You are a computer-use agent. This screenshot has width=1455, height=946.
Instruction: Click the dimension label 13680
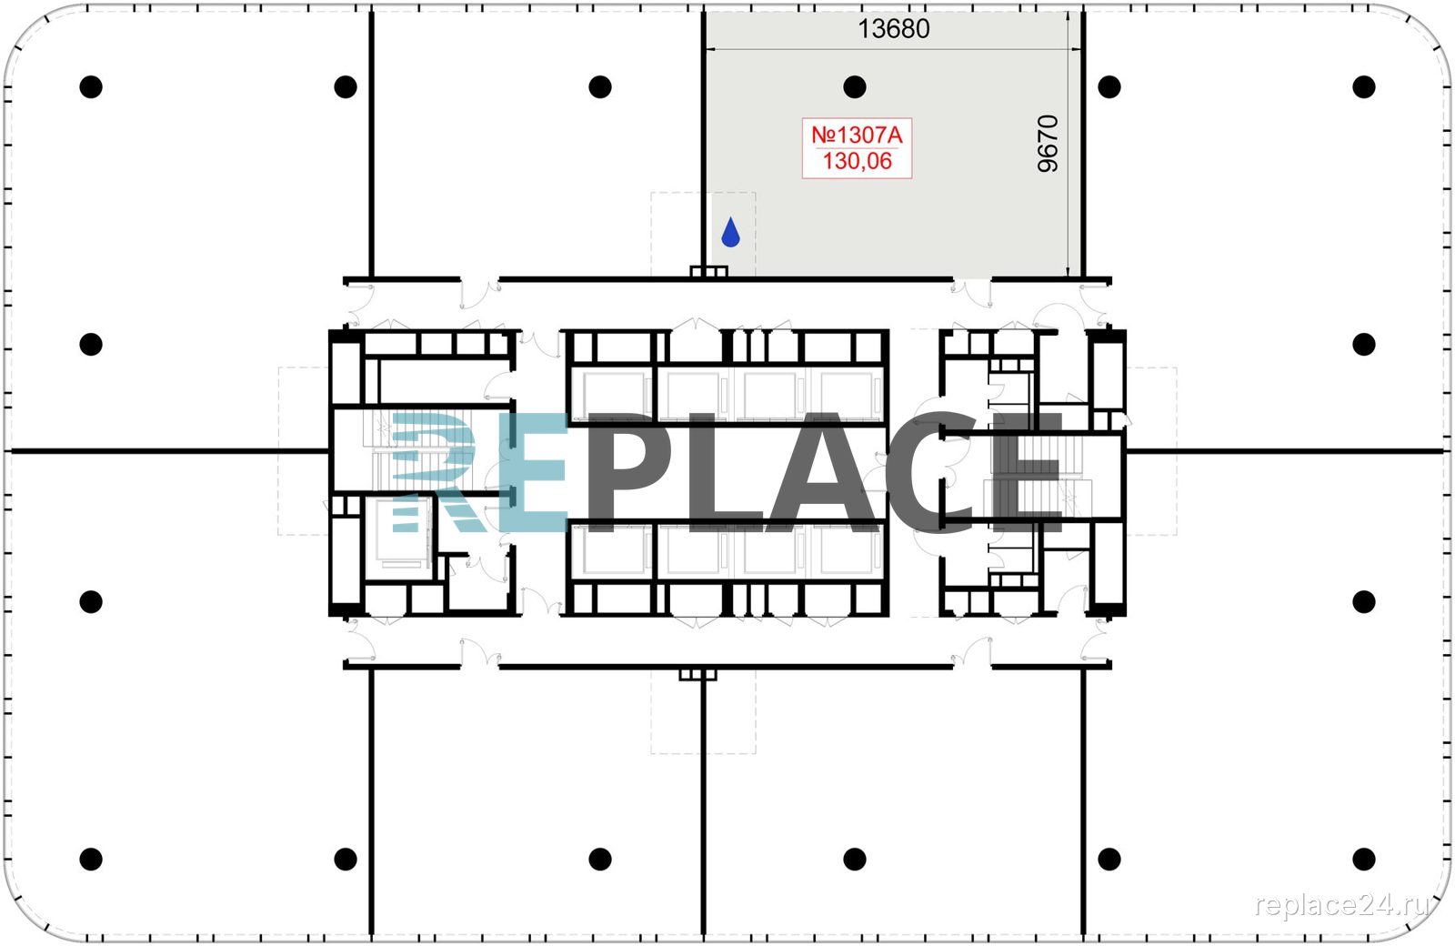(x=894, y=28)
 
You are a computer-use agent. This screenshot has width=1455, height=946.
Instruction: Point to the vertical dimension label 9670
(x=1048, y=144)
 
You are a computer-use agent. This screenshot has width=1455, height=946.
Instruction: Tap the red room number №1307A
(x=857, y=136)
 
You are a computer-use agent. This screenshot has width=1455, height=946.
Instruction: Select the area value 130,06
(x=858, y=161)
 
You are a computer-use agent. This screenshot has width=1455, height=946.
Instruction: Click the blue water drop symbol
(x=731, y=232)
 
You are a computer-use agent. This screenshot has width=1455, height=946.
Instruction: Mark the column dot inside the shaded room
(x=855, y=86)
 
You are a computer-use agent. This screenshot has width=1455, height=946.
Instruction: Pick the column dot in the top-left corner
(x=91, y=86)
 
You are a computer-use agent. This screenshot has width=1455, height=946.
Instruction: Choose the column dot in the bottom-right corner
(x=1364, y=859)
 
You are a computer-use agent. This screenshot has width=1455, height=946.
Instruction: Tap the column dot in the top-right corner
(x=1364, y=86)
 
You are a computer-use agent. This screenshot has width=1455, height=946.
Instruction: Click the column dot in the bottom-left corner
(x=91, y=859)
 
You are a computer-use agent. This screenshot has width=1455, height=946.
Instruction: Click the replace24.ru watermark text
(x=1341, y=905)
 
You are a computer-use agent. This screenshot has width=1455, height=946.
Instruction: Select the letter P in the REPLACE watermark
(x=627, y=472)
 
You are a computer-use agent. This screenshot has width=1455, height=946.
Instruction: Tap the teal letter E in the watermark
(x=534, y=472)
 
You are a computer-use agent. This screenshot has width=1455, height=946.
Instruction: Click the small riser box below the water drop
(x=708, y=272)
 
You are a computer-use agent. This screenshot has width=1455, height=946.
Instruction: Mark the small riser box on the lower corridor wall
(x=698, y=675)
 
